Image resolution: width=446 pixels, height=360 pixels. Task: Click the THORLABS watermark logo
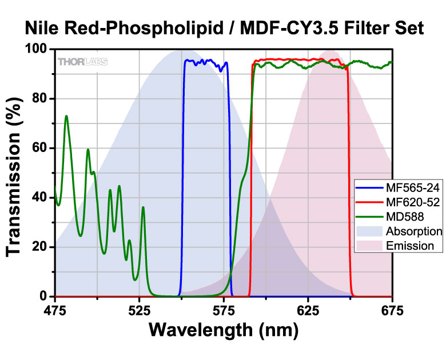coord(82,62)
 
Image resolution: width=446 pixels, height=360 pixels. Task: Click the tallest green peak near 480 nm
coord(66,117)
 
